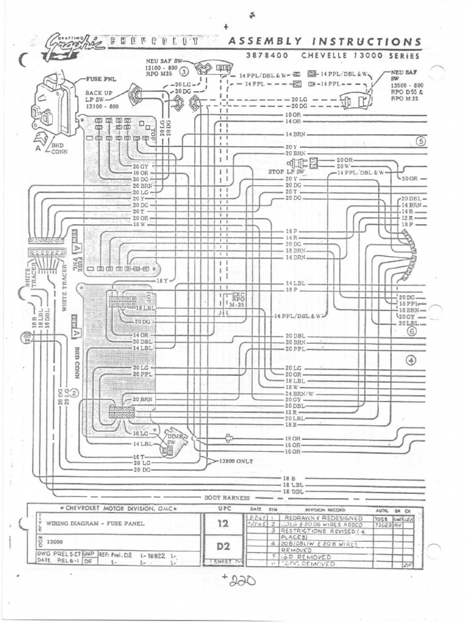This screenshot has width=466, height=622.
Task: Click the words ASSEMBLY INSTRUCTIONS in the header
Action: point(323,41)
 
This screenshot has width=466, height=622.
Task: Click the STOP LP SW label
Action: point(286,172)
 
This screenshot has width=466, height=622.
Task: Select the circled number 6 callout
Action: point(412,332)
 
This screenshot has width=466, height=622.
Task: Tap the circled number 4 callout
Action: point(412,360)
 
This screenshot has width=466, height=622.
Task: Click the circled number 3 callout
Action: point(184,71)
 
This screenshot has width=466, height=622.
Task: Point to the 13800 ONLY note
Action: point(236,461)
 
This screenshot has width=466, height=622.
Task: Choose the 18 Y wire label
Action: point(162,281)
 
